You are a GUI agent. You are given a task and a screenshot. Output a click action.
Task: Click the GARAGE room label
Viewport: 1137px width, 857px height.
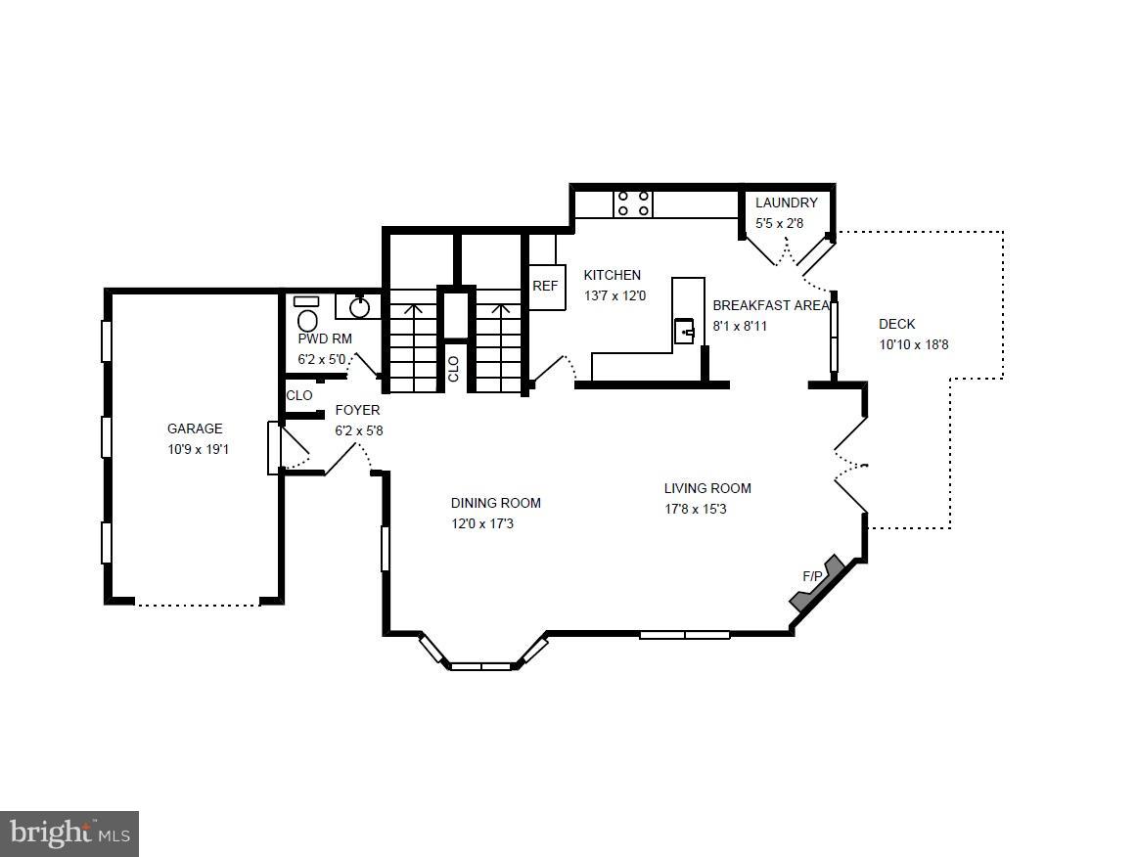tap(195, 428)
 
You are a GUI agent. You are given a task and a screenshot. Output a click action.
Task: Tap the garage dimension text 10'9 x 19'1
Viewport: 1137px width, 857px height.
tap(198, 449)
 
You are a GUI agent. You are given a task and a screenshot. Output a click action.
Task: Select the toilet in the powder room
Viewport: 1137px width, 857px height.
tap(307, 315)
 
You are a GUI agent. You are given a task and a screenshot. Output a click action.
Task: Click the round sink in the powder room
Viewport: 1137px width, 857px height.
tap(360, 306)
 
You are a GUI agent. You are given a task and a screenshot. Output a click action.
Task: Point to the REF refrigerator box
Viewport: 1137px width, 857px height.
tap(546, 286)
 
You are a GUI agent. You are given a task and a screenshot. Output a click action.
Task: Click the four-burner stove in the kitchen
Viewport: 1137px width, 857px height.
tap(632, 203)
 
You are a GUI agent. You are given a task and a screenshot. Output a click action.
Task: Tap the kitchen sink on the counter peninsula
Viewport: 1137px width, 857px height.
tap(685, 332)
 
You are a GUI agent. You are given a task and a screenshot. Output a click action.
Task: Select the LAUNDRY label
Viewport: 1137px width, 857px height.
tap(786, 203)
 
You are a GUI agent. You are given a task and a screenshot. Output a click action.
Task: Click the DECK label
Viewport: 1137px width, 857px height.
tap(897, 324)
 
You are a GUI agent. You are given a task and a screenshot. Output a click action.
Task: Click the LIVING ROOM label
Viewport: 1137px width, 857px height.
tap(707, 488)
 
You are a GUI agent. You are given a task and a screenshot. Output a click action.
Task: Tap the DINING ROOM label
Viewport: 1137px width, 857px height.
tap(496, 503)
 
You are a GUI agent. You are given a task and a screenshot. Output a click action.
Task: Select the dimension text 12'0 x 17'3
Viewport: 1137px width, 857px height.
tap(482, 523)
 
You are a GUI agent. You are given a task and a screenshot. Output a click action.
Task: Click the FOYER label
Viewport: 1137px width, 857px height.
tap(357, 410)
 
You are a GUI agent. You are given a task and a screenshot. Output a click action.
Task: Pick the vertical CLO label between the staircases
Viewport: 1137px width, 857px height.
tap(453, 369)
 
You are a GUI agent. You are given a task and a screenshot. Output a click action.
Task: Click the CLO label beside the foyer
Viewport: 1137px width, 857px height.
tap(298, 395)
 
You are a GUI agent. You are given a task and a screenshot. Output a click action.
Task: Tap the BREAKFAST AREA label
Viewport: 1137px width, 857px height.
tap(771, 305)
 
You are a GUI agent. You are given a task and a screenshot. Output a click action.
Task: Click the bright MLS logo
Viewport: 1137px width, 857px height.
tap(69, 834)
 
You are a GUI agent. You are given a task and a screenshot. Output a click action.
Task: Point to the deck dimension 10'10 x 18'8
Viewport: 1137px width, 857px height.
tap(914, 344)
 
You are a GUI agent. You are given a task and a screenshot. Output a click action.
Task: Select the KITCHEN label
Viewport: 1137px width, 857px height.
tap(612, 275)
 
